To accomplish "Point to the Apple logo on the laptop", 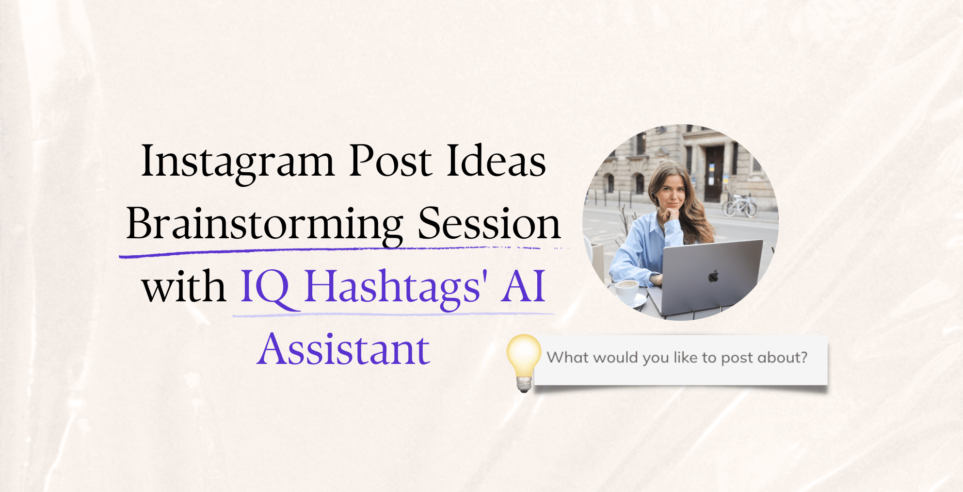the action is pyautogui.click(x=713, y=277).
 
